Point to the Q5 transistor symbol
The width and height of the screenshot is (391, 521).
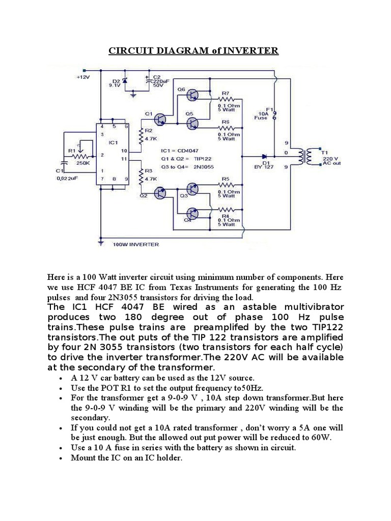192,123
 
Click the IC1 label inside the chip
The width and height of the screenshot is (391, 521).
113,142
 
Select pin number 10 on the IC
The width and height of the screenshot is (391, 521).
124,151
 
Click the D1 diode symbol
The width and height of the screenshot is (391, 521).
265,156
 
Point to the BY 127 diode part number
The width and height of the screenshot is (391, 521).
264,166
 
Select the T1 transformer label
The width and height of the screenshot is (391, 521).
326,151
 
